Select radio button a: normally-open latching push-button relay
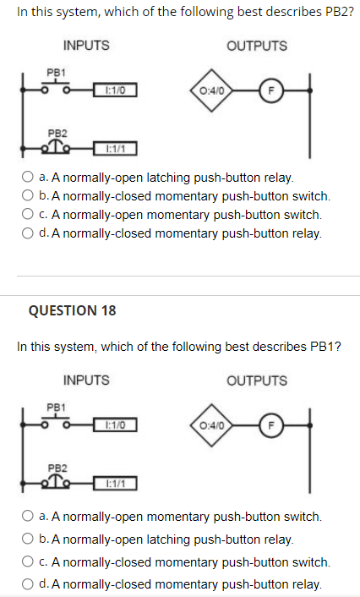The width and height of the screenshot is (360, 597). (27, 177)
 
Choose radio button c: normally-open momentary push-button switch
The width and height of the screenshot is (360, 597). (27, 214)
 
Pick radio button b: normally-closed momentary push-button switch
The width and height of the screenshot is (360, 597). (27, 195)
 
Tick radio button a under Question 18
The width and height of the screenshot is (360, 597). (27, 516)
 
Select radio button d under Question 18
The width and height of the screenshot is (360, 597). (27, 583)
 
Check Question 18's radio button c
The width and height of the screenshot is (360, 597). (27, 561)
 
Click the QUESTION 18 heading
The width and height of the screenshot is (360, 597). (73, 310)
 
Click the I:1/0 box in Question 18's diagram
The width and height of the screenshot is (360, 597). (115, 424)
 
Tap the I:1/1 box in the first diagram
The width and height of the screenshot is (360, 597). (115, 149)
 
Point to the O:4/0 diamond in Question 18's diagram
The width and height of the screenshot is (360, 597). (211, 424)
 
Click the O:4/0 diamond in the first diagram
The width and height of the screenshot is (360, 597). (211, 90)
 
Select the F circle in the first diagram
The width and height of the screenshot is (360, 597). (271, 90)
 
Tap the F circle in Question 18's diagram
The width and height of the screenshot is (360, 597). (271, 424)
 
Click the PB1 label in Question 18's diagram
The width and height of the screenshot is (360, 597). (56, 407)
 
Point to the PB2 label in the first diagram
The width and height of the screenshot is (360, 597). (57, 134)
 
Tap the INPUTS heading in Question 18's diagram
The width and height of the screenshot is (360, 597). (86, 380)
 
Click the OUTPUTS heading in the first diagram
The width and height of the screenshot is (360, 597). (257, 46)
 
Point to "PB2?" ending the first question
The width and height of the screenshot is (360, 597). (340, 12)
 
